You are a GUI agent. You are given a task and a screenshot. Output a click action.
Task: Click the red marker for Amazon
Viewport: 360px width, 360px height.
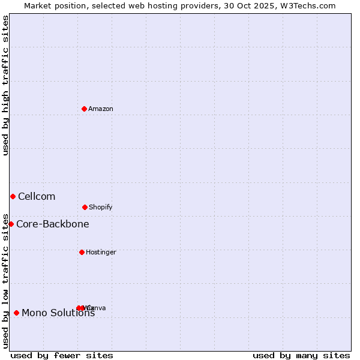tap(85, 109)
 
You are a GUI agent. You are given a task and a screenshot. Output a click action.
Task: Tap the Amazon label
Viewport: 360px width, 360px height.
tap(100, 109)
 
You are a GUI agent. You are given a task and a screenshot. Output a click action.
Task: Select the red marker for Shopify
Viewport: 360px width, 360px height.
tap(85, 207)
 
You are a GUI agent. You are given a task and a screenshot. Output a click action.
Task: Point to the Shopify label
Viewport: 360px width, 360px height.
tap(100, 208)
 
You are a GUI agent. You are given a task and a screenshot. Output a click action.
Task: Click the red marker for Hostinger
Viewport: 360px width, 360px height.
tap(82, 252)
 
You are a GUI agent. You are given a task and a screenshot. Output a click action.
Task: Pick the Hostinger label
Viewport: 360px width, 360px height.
tap(101, 253)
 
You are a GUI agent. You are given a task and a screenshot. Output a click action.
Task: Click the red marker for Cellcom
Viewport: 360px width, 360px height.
tap(13, 196)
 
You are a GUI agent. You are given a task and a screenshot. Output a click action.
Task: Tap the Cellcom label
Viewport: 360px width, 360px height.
tap(37, 197)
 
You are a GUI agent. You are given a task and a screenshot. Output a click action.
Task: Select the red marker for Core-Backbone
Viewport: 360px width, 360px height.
tap(11, 224)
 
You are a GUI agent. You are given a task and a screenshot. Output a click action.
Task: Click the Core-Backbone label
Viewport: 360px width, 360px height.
tap(53, 224)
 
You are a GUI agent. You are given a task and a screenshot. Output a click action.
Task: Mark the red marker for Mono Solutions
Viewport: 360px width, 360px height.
tap(16, 313)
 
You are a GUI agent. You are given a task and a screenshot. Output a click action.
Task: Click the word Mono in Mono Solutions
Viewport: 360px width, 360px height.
tap(34, 313)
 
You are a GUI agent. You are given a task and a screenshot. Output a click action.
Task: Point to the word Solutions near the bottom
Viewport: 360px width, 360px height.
tap(71, 313)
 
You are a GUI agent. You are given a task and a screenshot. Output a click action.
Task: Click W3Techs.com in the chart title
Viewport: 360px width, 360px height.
tap(307, 6)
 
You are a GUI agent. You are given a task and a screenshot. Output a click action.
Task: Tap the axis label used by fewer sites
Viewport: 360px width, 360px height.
tap(62, 356)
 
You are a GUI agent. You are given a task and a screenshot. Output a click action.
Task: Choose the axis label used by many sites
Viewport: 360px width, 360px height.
tap(301, 356)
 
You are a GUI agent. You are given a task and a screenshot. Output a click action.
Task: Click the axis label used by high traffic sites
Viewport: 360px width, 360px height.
tap(6, 85)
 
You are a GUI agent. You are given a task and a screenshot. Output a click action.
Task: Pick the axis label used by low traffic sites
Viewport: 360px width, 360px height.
tap(6, 280)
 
